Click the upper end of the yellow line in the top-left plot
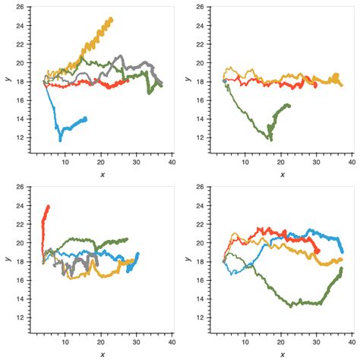coord(111,19)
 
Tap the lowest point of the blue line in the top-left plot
coord(61,140)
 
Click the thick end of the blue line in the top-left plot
coord(85,118)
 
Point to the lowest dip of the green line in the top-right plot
coord(270,139)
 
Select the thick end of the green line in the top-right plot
coord(289,106)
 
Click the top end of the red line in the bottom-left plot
coord(48,206)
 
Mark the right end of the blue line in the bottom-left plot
coord(137,254)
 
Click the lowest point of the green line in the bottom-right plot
coord(290,306)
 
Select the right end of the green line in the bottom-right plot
coord(342,268)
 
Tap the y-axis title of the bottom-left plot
coord(8,261)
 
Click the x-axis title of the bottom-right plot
coord(282,354)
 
